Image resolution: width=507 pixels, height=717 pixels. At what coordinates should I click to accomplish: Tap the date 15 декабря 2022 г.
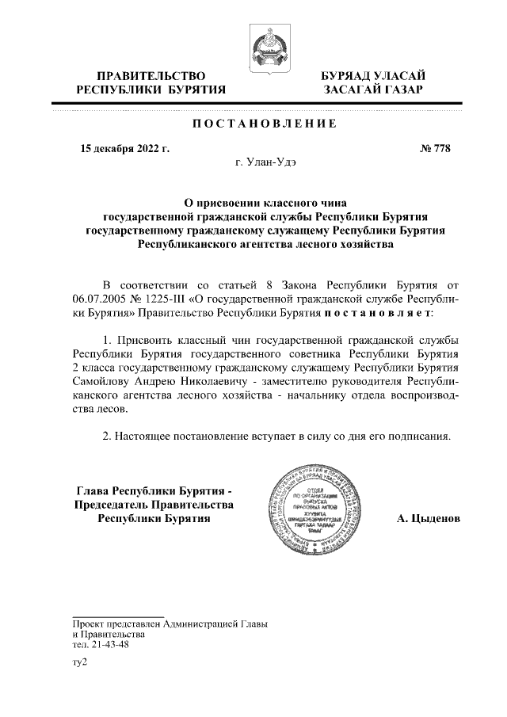125,148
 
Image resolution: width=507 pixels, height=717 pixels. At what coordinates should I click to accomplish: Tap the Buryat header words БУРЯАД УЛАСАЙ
372,75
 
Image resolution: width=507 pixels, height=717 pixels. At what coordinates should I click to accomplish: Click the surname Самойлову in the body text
97,382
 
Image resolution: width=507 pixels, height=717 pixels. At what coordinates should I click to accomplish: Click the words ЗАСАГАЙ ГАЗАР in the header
372,90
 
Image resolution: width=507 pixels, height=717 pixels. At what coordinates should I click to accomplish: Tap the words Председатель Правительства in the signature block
154,505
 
